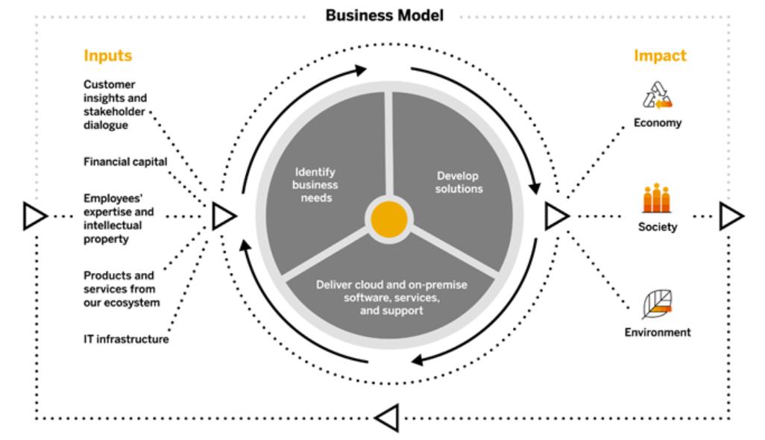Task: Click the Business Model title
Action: (x=384, y=16)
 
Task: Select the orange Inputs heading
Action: (x=107, y=56)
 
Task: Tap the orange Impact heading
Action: (x=660, y=56)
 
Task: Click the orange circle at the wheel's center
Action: (x=386, y=219)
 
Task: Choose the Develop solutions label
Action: (x=459, y=182)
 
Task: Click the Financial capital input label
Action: (x=125, y=161)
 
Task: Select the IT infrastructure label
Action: (x=126, y=339)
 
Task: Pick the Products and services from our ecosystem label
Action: (x=122, y=289)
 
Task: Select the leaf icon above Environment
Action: (x=657, y=304)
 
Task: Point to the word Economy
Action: (x=658, y=123)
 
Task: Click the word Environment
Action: (x=658, y=332)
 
